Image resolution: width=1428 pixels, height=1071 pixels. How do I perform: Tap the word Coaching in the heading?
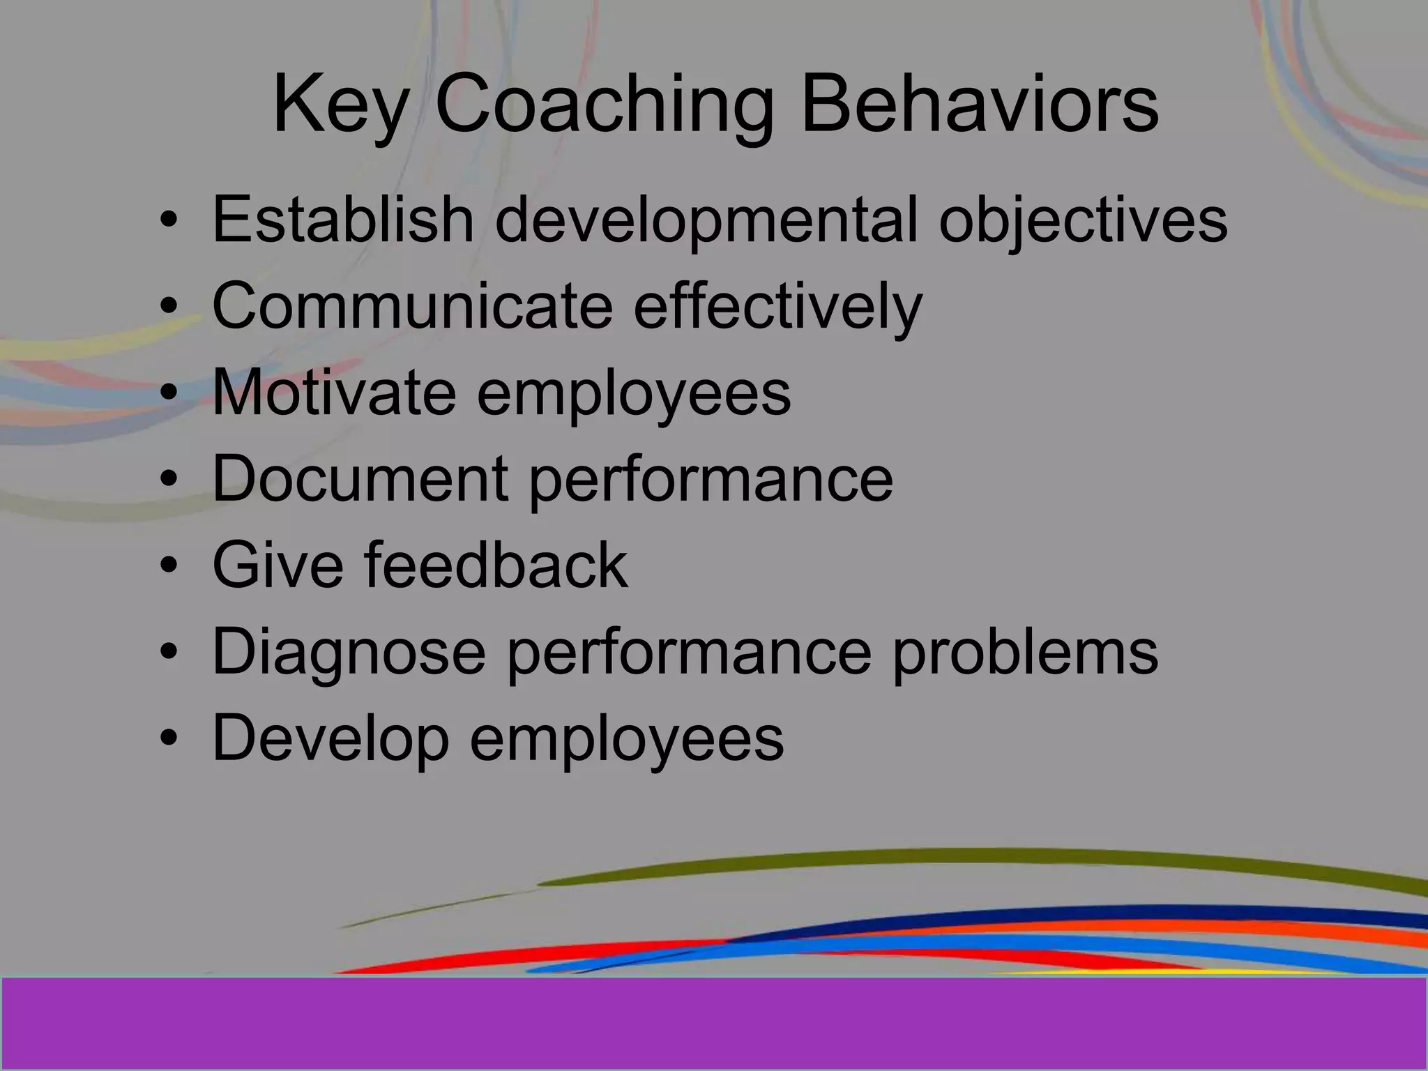604,106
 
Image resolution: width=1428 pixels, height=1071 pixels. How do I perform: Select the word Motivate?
334,392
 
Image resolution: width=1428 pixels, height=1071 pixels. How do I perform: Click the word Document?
360,478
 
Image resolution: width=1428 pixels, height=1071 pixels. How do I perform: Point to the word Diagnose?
349,652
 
